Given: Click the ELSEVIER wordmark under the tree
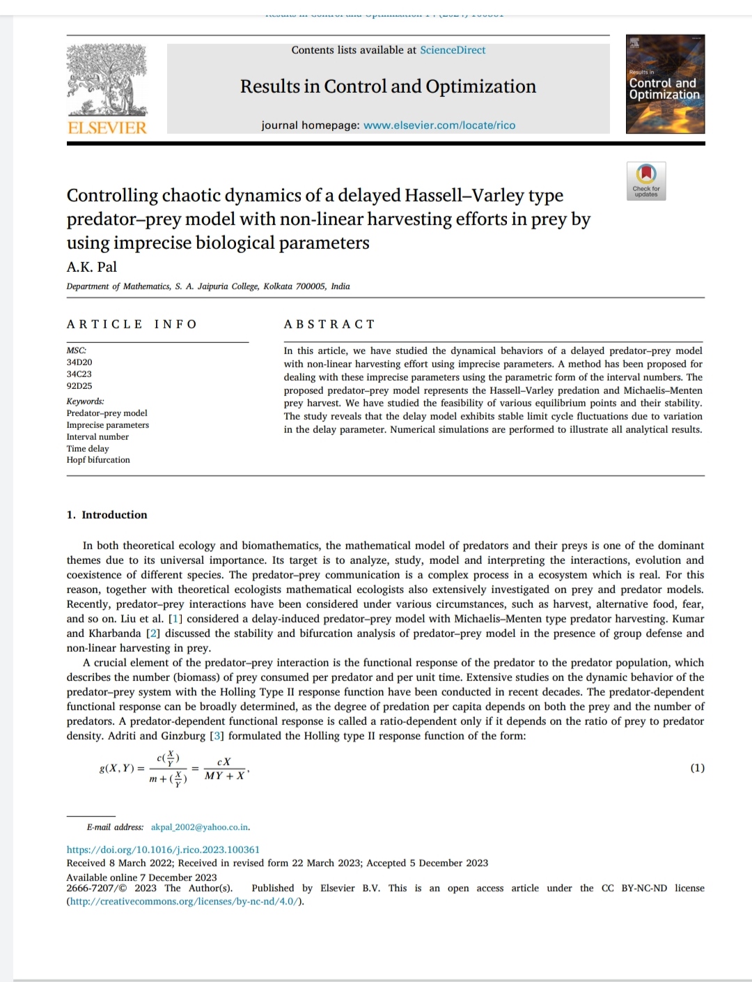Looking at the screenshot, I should pos(107,128).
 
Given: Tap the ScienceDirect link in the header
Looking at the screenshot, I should pos(453,50).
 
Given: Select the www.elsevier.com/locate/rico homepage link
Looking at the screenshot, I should pos(439,125).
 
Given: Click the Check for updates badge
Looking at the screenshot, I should pos(646,181).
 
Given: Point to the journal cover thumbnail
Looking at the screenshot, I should pos(665,84).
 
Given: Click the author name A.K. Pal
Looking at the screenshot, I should pos(92,267).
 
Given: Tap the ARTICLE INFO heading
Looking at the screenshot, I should pos(132,324).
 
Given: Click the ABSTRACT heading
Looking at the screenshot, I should pos(329,324).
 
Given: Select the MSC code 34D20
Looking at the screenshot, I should pos(79,362).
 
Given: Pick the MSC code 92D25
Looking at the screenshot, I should pos(79,386).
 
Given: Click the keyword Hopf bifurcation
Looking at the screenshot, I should pos(98,460).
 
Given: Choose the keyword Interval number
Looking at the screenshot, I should pos(97,437).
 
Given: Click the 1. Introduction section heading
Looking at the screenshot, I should pos(107,515).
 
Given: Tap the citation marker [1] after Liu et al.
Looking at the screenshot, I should pos(175,619).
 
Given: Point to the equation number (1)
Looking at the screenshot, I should pos(697,768).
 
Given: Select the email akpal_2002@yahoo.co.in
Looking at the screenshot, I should pos(200,827).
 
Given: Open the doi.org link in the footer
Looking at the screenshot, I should pos(163,850).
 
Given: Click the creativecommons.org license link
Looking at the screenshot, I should pos(185,901).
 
